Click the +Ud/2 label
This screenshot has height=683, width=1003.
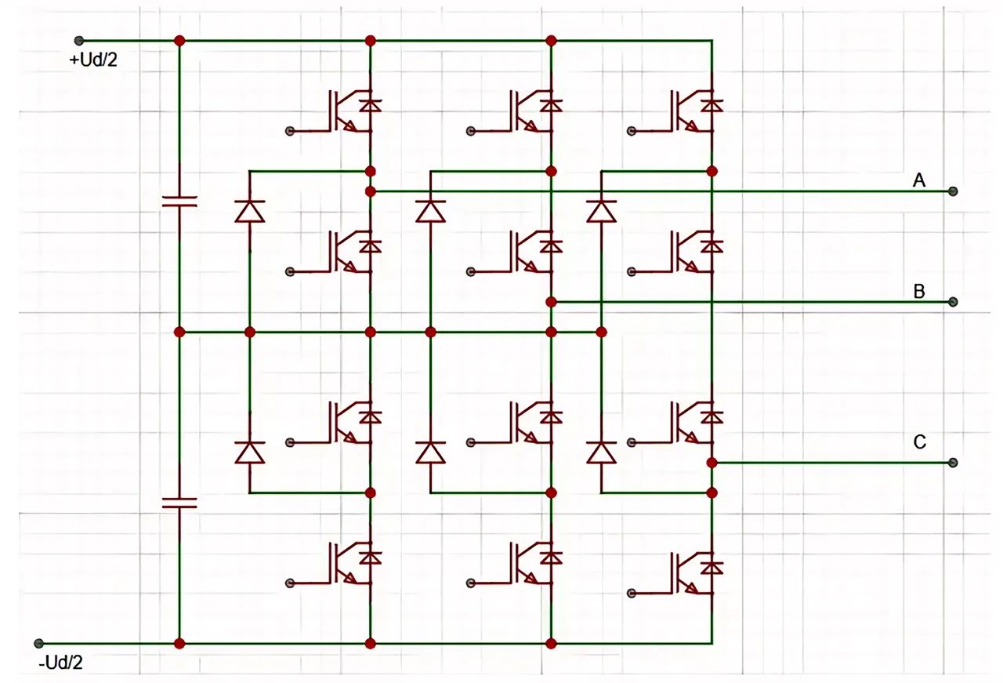click(x=93, y=60)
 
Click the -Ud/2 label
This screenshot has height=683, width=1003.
click(x=60, y=663)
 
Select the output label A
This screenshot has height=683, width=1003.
click(x=919, y=181)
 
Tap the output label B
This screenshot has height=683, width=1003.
click(x=919, y=292)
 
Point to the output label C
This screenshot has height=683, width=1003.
click(x=919, y=442)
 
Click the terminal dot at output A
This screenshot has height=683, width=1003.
click(x=953, y=191)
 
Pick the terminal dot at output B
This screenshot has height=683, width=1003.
click(x=953, y=302)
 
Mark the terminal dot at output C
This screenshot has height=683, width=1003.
click(x=953, y=463)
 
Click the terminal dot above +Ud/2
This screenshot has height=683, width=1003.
click(x=78, y=40)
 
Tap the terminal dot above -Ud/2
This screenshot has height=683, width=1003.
click(x=38, y=644)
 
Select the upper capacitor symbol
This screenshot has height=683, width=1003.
click(x=179, y=201)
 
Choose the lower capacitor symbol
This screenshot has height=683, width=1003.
click(x=179, y=502)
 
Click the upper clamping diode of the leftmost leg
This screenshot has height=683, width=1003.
click(x=250, y=211)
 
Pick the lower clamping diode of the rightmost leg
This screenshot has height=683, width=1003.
click(x=601, y=452)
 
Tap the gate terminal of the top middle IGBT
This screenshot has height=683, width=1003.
click(x=470, y=130)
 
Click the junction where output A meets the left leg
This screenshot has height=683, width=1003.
click(x=371, y=191)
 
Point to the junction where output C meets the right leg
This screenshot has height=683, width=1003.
click(x=712, y=463)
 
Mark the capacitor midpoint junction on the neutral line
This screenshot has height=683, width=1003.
click(x=179, y=332)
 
